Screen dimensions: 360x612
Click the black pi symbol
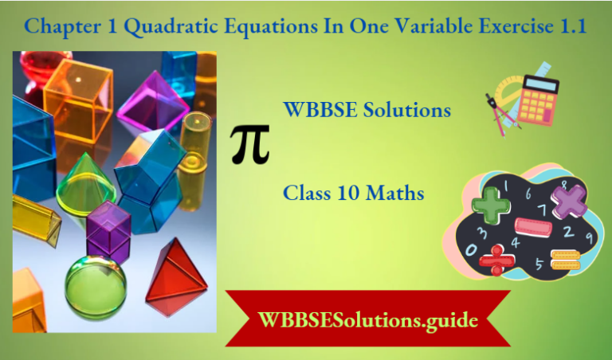[x=250, y=143]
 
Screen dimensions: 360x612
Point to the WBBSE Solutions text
[x=367, y=110]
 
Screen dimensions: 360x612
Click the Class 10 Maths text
[x=353, y=193]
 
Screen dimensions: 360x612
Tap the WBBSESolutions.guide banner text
[x=368, y=321]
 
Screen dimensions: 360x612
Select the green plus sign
[x=492, y=203]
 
